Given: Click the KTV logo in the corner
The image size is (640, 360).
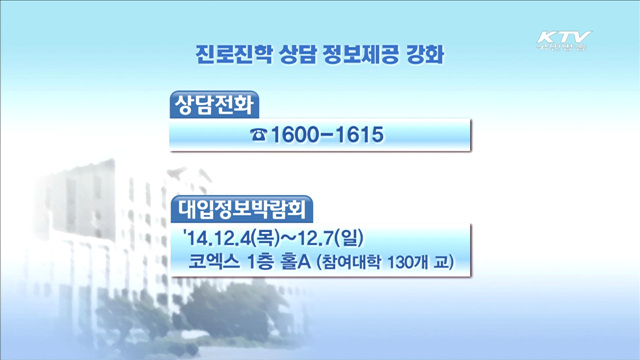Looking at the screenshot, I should (x=563, y=41).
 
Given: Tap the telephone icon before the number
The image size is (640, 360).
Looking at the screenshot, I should (x=260, y=135).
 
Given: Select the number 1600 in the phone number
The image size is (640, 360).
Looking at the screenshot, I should (x=298, y=135).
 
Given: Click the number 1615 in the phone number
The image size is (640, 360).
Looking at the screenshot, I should (x=358, y=135).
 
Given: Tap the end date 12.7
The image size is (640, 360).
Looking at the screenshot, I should (x=316, y=240).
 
